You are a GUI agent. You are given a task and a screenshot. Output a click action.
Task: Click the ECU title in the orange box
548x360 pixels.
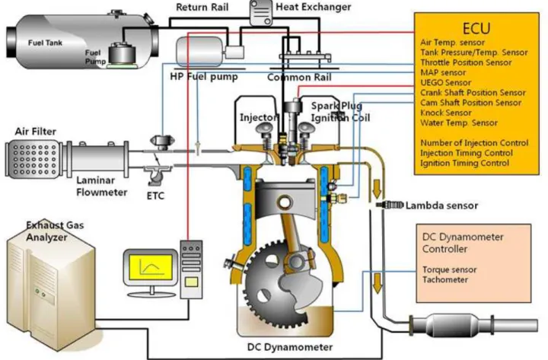[x=476, y=28]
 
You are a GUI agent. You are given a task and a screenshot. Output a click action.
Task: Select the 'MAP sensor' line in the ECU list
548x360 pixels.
[x=443, y=73]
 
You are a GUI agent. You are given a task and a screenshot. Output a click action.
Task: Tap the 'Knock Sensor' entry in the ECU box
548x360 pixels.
[x=446, y=113]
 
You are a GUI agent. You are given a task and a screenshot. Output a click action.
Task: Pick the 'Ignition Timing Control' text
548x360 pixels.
[x=464, y=163]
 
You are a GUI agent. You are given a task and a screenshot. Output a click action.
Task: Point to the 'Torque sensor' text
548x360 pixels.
[x=450, y=270]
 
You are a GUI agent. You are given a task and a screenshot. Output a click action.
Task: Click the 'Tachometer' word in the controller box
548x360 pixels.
[x=445, y=279]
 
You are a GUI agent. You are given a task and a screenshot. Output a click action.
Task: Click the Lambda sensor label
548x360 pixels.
[x=441, y=205]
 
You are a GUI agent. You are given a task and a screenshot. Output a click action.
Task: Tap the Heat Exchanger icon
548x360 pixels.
[x=261, y=13]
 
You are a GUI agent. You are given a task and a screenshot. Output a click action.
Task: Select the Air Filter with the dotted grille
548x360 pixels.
[x=33, y=159]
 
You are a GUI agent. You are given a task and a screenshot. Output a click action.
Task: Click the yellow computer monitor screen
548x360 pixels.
[x=151, y=267]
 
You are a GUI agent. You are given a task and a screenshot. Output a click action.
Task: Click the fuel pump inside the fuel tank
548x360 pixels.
[x=122, y=55]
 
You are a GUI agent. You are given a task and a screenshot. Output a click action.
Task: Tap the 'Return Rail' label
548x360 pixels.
[x=202, y=7]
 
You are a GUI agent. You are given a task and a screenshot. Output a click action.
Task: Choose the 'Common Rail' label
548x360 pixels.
[x=299, y=77]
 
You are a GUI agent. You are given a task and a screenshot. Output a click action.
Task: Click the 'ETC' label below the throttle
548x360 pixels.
[x=155, y=196]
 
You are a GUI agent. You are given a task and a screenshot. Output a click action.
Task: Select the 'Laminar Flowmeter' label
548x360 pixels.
[x=102, y=186]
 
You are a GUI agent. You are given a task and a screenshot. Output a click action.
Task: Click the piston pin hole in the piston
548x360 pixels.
[x=285, y=202]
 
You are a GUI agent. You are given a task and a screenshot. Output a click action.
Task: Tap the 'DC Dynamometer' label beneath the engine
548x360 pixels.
[x=290, y=347]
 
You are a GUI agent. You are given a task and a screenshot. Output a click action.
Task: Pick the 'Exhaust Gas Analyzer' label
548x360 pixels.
[x=56, y=231]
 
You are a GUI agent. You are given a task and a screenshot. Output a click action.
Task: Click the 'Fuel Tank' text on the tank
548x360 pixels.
[x=45, y=43]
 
